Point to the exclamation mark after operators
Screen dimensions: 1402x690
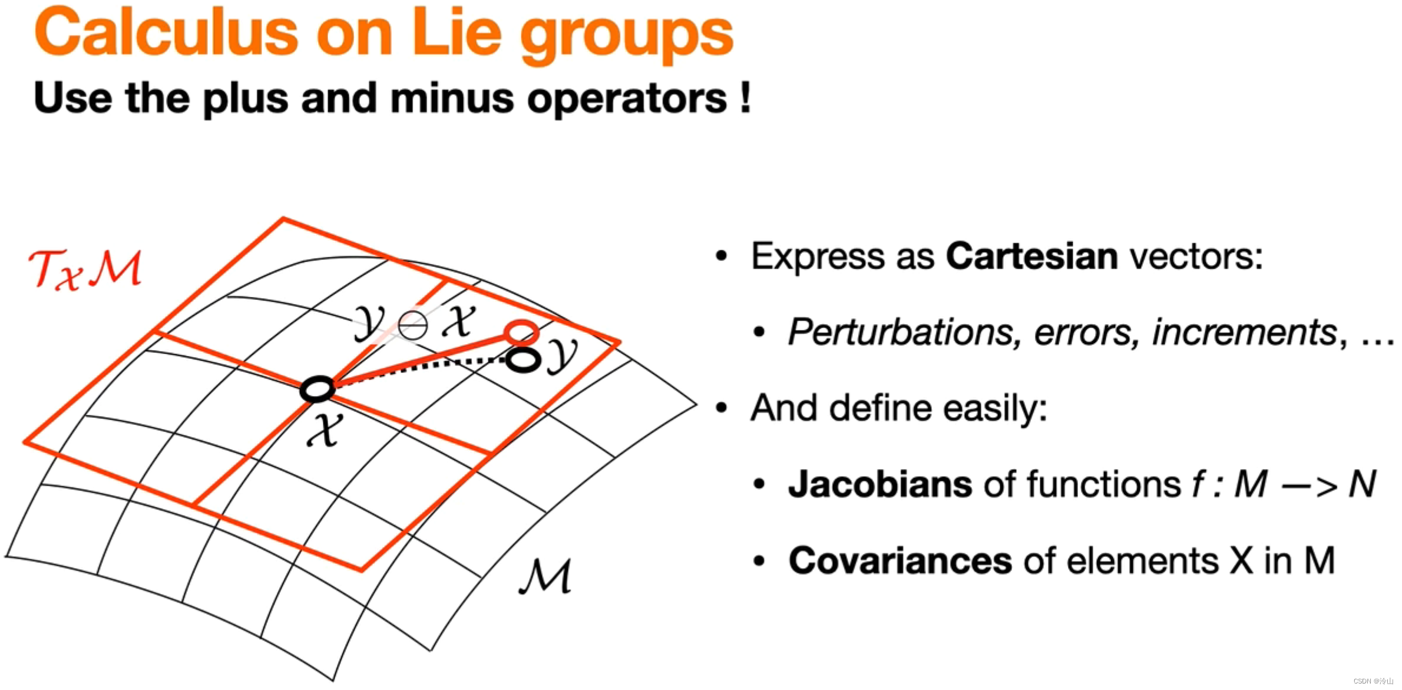coord(746,98)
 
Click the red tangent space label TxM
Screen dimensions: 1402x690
coord(85,270)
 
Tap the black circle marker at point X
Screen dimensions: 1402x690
coord(318,389)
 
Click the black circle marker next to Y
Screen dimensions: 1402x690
coord(523,359)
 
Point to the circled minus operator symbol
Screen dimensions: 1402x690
coord(412,325)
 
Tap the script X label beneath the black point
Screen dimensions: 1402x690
coord(323,431)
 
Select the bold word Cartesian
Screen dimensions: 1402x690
coord(1031,256)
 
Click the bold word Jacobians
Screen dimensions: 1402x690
coord(880,484)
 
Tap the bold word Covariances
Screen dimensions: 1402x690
coord(900,560)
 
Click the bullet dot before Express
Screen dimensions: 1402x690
coord(722,256)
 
